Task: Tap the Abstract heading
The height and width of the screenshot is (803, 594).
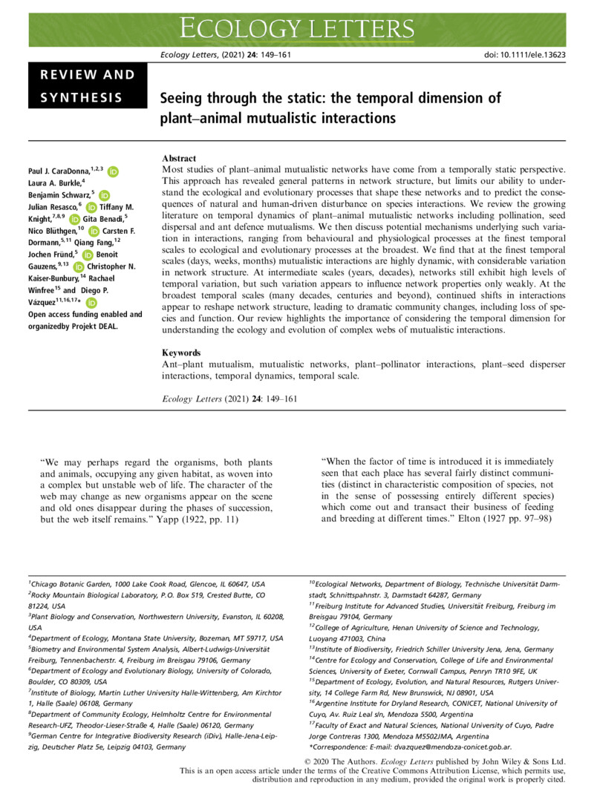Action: pos(179,158)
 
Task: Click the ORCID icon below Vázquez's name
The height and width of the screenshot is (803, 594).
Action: pos(91,302)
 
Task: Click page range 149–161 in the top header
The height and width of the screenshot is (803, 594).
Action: pos(280,55)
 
